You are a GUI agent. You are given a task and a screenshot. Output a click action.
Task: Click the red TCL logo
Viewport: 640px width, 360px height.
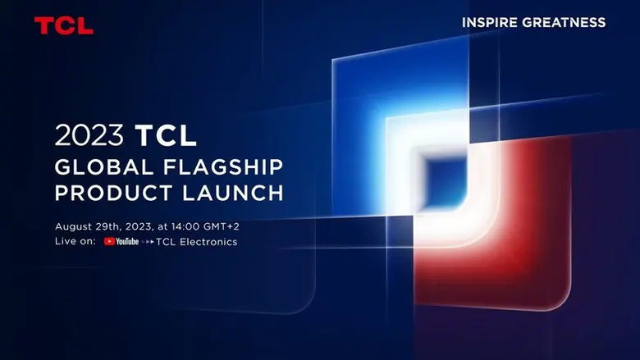pyautogui.click(x=63, y=25)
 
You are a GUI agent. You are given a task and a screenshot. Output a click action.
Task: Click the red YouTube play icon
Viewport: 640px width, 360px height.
pyautogui.click(x=109, y=242)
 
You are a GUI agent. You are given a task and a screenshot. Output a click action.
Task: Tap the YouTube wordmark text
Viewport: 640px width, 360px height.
pyautogui.click(x=127, y=242)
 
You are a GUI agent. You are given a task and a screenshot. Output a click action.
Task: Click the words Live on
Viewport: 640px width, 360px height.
pyautogui.click(x=75, y=242)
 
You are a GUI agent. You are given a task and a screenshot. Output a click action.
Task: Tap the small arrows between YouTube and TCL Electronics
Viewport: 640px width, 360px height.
pyautogui.click(x=148, y=242)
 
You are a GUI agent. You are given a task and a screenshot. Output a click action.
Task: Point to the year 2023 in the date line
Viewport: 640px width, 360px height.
pyautogui.click(x=148, y=226)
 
